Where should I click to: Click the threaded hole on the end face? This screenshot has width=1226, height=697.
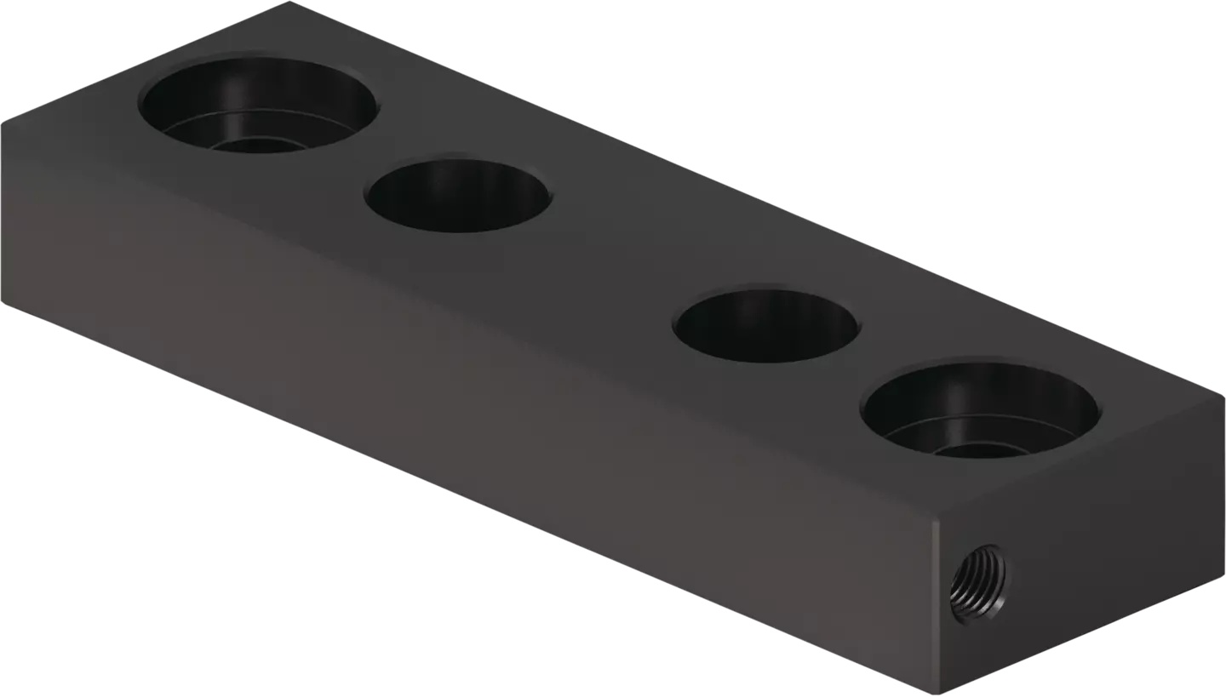pyautogui.click(x=977, y=585)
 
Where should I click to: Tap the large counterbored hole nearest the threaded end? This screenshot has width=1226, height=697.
pyautogui.click(x=980, y=410)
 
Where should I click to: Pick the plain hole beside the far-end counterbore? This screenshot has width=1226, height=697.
pyautogui.click(x=458, y=194)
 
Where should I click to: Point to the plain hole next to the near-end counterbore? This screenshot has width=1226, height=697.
pyautogui.click(x=766, y=325)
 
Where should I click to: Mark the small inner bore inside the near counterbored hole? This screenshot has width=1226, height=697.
pyautogui.click(x=979, y=449)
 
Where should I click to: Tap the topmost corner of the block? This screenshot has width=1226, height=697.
pyautogui.click(x=290, y=3)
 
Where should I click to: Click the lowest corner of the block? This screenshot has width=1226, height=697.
pyautogui.click(x=937, y=693)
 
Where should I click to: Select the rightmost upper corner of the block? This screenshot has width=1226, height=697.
pyautogui.click(x=1223, y=398)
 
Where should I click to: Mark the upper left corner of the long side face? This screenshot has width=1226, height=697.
pyautogui.click(x=4, y=126)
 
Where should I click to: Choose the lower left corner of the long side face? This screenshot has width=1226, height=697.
pyautogui.click(x=4, y=302)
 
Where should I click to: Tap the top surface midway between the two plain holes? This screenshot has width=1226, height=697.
pyautogui.click(x=613, y=260)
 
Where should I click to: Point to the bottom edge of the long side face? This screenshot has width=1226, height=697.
pyautogui.click(x=468, y=499)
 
